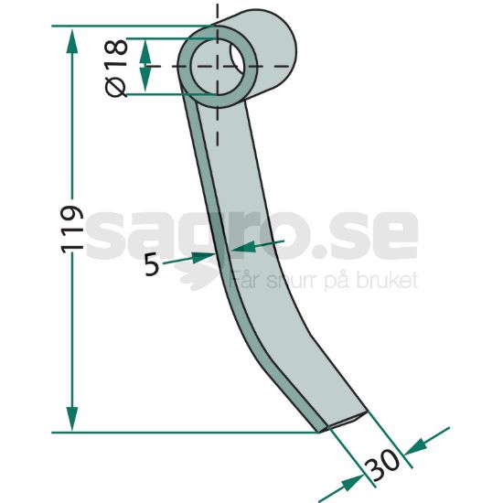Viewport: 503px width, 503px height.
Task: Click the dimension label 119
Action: click(72, 230)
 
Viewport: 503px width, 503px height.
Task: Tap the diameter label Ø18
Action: click(117, 68)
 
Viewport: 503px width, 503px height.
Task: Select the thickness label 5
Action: click(152, 264)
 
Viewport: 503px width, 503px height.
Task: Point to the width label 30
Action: click(383, 465)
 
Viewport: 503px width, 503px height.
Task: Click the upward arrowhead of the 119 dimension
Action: click(72, 41)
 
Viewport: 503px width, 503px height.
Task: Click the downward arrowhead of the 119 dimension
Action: click(72, 419)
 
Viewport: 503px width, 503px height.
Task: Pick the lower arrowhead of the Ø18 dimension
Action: click(145, 80)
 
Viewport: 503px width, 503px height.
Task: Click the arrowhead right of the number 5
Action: click(203, 257)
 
